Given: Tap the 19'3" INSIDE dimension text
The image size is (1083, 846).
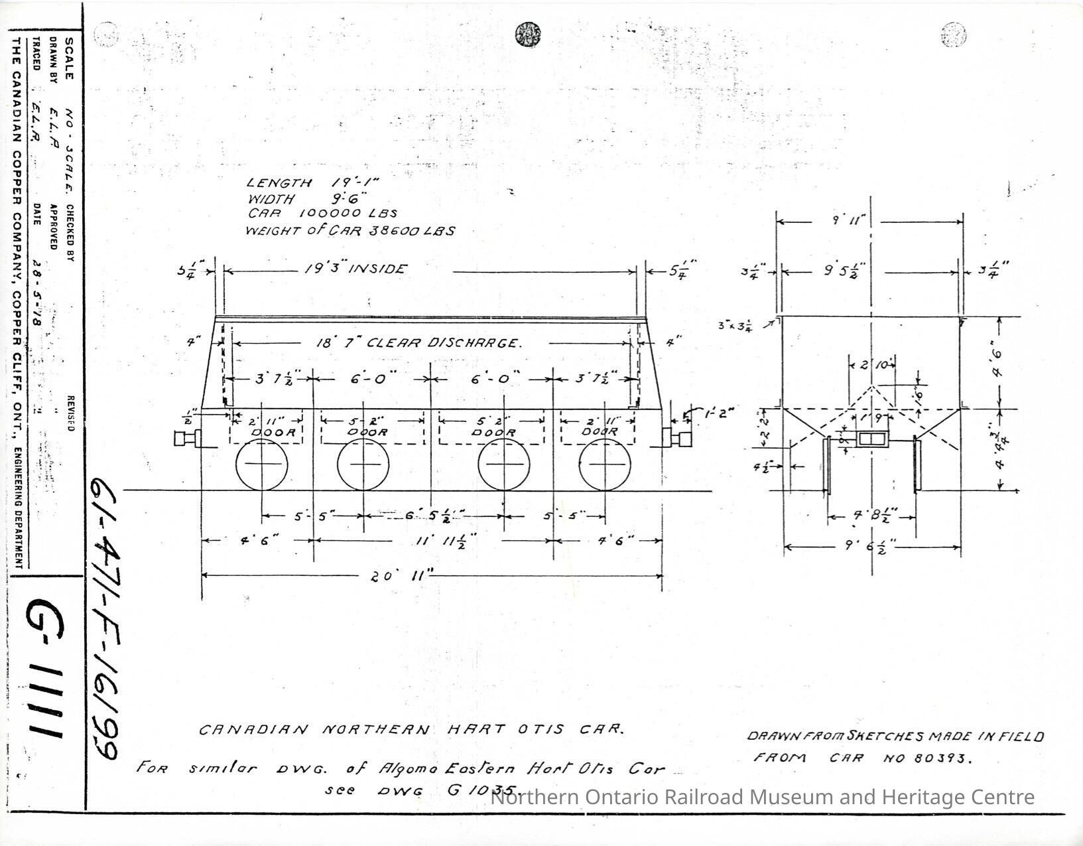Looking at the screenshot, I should [x=355, y=269].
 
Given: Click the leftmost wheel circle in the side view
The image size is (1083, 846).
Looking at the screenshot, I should [x=262, y=464].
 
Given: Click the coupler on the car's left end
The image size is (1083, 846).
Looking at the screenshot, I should [x=186, y=439].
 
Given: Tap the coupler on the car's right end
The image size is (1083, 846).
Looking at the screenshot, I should [x=676, y=438].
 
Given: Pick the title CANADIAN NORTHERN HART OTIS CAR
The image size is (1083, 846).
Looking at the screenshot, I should [x=411, y=729].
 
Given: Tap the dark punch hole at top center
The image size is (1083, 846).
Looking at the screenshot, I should [x=527, y=34].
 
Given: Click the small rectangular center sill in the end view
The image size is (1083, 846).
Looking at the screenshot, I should [x=871, y=439].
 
